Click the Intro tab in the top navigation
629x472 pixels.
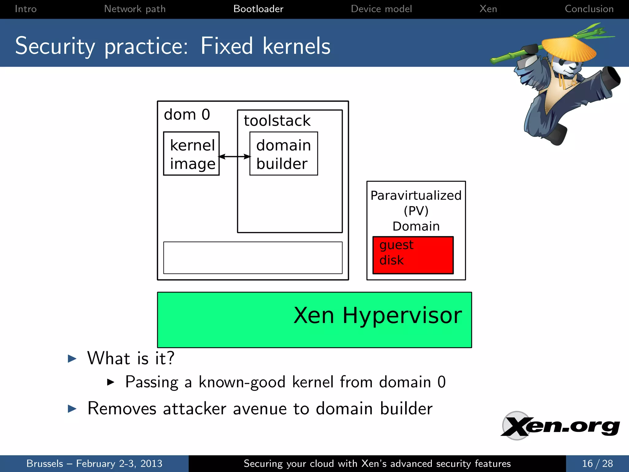click(25, 9)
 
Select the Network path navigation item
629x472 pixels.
click(135, 9)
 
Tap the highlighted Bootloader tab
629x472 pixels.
click(258, 9)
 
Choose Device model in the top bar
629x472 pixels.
click(381, 9)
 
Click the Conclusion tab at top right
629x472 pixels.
click(589, 9)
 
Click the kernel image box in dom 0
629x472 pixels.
click(191, 154)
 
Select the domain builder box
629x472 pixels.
click(283, 154)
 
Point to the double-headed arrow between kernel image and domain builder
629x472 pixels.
click(235, 157)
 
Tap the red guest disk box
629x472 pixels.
click(413, 255)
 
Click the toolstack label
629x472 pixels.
click(277, 120)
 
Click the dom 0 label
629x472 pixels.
click(187, 115)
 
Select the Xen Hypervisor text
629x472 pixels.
click(377, 315)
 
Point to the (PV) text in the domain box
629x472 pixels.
click(416, 211)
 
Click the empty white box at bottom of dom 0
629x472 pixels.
click(253, 258)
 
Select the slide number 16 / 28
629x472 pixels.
click(597, 463)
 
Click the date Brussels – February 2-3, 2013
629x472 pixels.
click(94, 463)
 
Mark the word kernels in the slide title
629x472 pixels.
click(296, 46)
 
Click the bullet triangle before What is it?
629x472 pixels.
click(72, 358)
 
